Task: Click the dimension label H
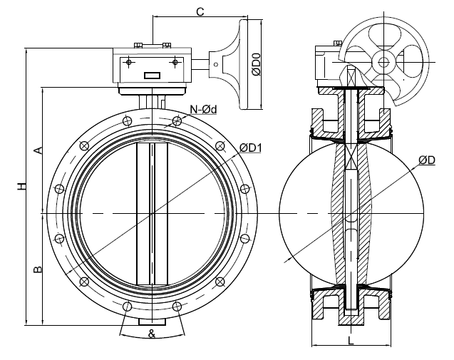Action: pyautogui.click(x=23, y=187)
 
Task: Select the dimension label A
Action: pyautogui.click(x=39, y=150)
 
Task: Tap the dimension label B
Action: pyautogui.click(x=39, y=269)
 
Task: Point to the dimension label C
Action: pyautogui.click(x=200, y=11)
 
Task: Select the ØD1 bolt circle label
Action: pyautogui.click(x=250, y=148)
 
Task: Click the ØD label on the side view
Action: pyautogui.click(x=427, y=161)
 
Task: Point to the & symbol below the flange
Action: pyautogui.click(x=152, y=333)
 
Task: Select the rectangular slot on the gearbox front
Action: pyautogui.click(x=153, y=76)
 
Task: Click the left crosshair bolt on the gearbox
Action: pyautogui.click(x=129, y=63)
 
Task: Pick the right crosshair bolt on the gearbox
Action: pyautogui.click(x=173, y=63)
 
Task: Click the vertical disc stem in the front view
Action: pyautogui.click(x=153, y=214)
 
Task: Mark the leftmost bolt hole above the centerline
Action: pyautogui.click(x=58, y=189)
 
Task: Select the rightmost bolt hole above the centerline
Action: pyautogui.click(x=246, y=189)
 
